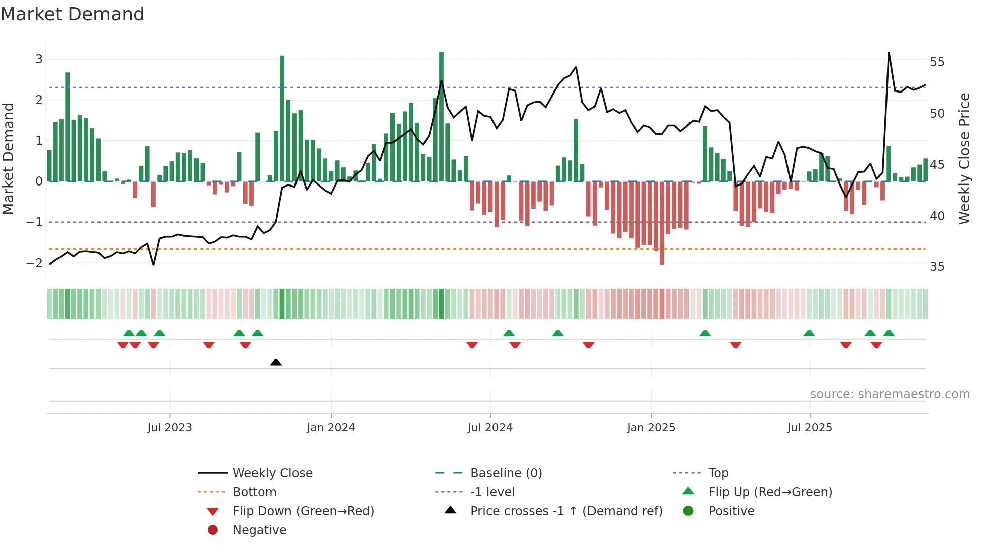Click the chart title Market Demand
point(72,14)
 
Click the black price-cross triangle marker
point(276,362)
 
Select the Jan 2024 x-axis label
point(331,428)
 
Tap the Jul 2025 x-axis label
point(810,428)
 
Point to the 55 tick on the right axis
point(937,62)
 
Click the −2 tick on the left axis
point(35,263)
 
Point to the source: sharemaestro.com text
point(890,394)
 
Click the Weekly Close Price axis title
point(964,158)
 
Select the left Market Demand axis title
point(8,158)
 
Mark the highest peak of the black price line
point(889,53)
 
